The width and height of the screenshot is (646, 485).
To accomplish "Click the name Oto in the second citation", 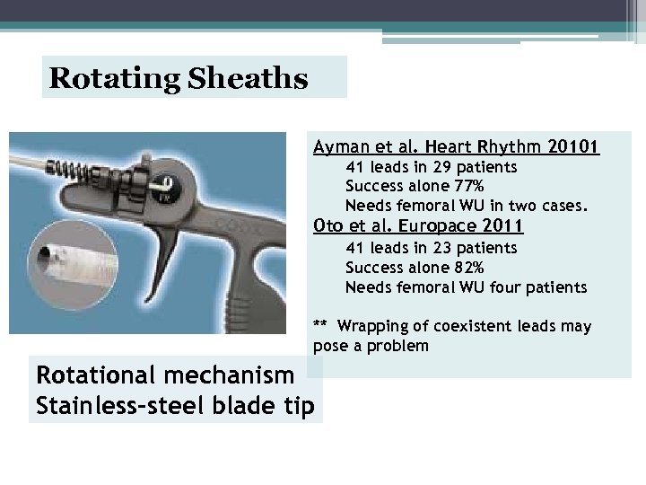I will click(326, 225).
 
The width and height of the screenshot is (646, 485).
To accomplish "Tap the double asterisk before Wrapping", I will click(320, 325).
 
